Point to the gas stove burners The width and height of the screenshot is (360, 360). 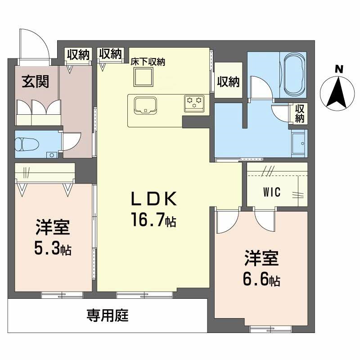(193, 103)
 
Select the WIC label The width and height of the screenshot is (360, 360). (272, 192)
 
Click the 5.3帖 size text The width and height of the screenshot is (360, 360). (53, 249)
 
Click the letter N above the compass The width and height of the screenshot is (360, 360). (339, 69)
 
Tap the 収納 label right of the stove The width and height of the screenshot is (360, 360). (229, 82)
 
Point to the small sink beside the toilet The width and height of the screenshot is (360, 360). (51, 155)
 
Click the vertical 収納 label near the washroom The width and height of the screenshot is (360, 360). (300, 113)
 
